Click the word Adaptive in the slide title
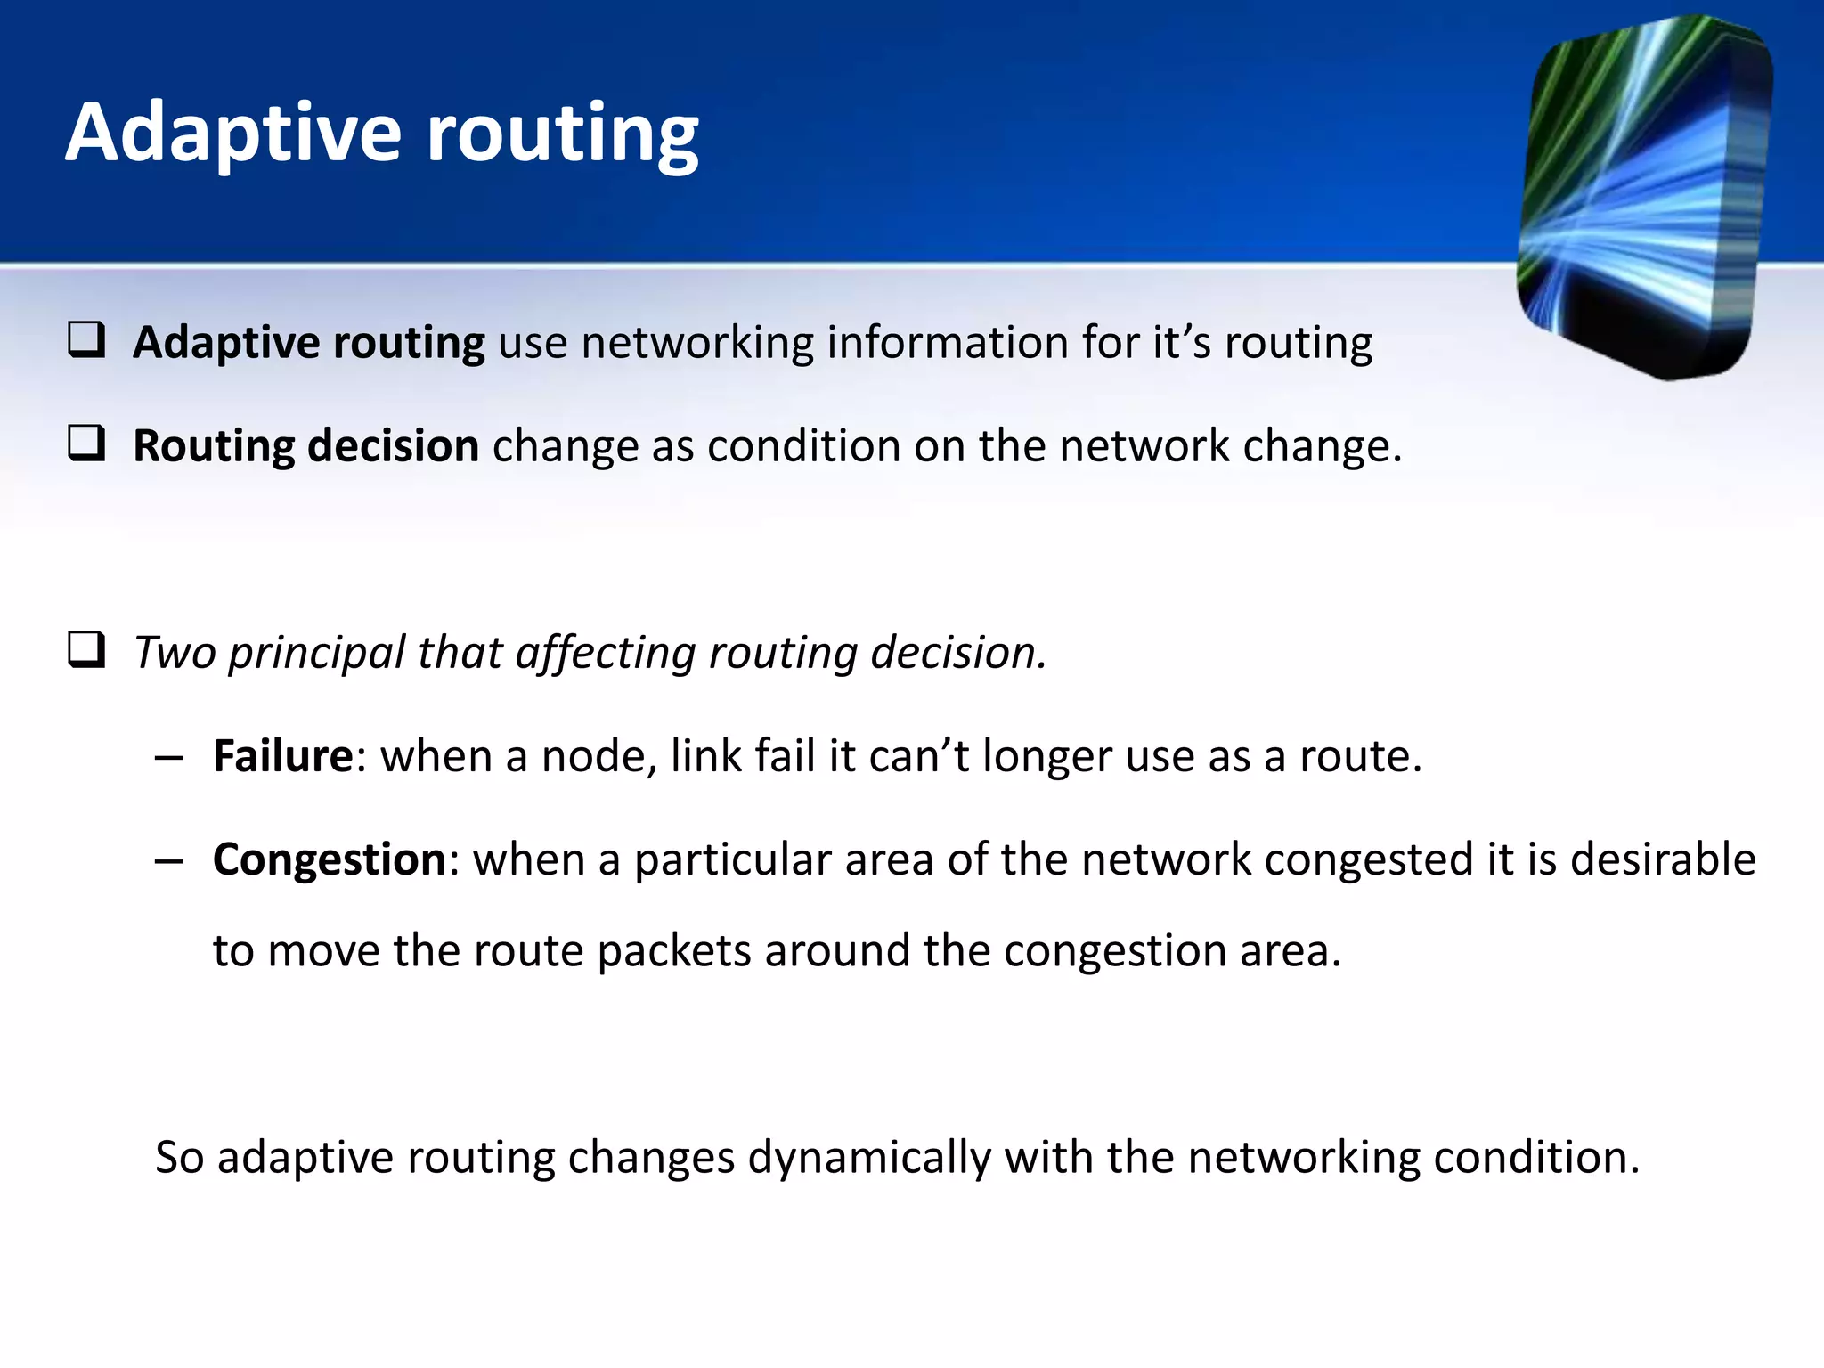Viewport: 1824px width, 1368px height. coord(233,134)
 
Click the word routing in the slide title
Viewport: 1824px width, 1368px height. coord(563,134)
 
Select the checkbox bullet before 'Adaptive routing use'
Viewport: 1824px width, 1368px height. coord(86,341)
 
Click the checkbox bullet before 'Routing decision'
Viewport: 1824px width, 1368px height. coord(86,444)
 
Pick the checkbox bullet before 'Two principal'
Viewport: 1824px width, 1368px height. coord(86,650)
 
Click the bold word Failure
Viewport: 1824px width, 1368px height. coord(283,756)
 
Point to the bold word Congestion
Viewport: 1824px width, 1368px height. coord(329,859)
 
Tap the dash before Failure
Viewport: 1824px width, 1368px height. coord(168,758)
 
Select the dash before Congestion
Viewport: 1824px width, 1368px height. coord(168,861)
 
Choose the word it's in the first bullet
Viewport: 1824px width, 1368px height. coord(1182,343)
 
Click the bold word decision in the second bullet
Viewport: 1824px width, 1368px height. coord(393,445)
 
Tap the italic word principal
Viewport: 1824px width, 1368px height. coord(317,654)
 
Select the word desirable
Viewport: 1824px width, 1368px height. coord(1662,859)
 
